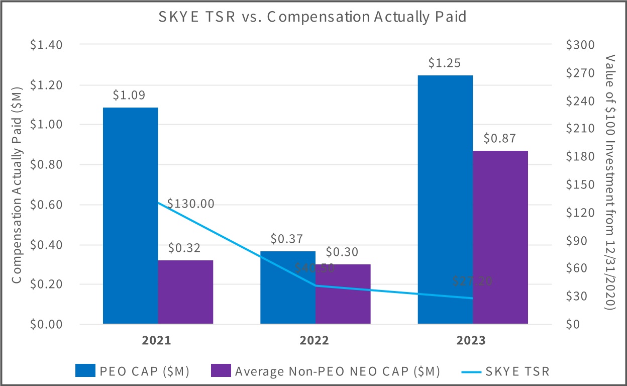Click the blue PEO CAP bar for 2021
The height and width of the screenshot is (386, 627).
(130, 216)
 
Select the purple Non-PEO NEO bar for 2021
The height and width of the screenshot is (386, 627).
(185, 292)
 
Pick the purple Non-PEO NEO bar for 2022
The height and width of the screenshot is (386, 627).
(343, 294)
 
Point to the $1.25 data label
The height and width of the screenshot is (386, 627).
(445, 64)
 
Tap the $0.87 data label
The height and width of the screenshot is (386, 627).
(500, 139)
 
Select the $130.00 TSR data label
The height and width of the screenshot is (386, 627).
(191, 204)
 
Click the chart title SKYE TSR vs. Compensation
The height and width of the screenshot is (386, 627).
(312, 17)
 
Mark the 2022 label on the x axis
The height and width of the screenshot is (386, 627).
(314, 341)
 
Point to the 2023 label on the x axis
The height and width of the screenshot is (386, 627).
(471, 341)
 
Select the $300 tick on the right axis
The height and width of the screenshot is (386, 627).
(580, 45)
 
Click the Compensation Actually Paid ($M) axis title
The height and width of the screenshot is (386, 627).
(17, 184)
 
